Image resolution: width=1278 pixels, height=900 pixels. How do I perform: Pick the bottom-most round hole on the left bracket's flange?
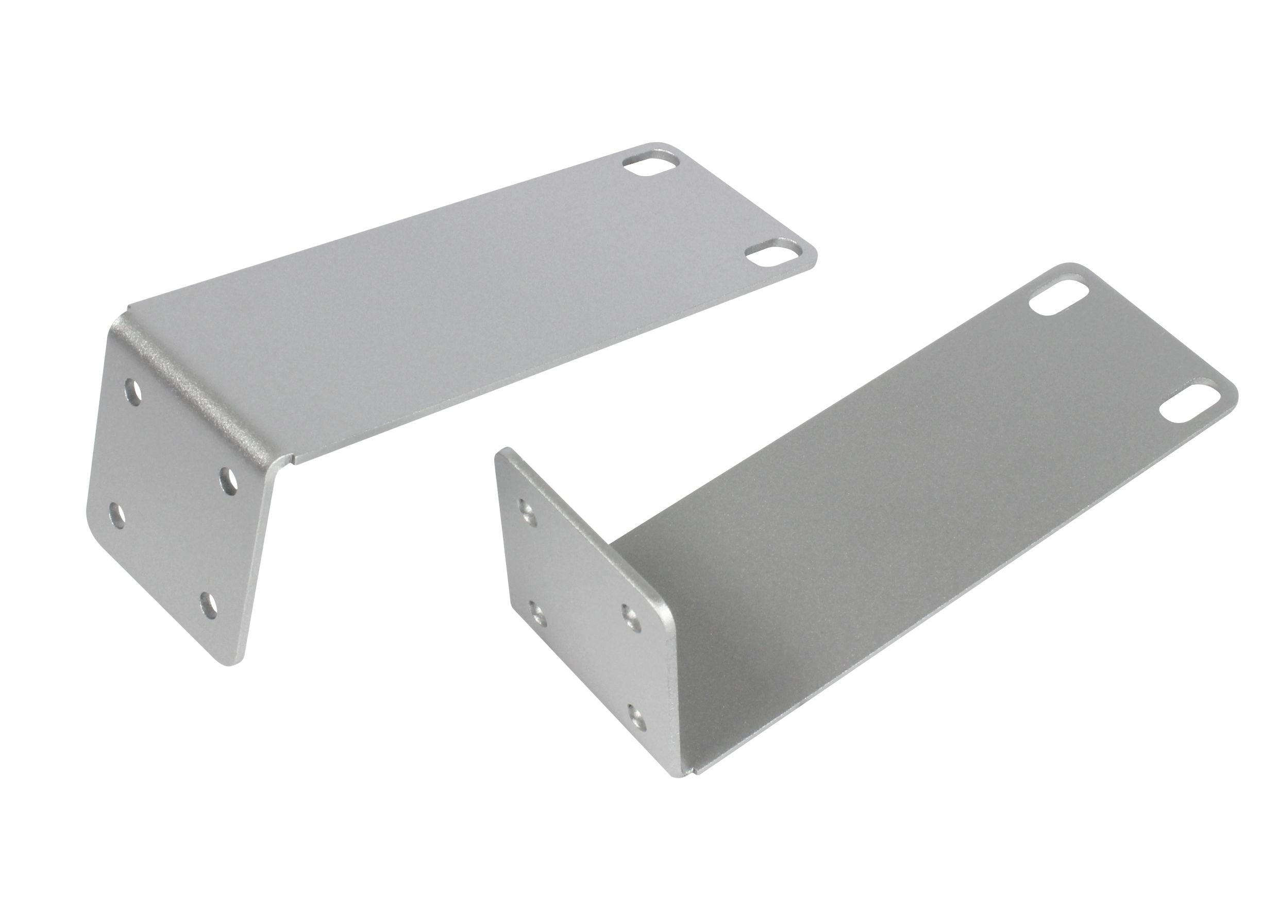coord(209,605)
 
